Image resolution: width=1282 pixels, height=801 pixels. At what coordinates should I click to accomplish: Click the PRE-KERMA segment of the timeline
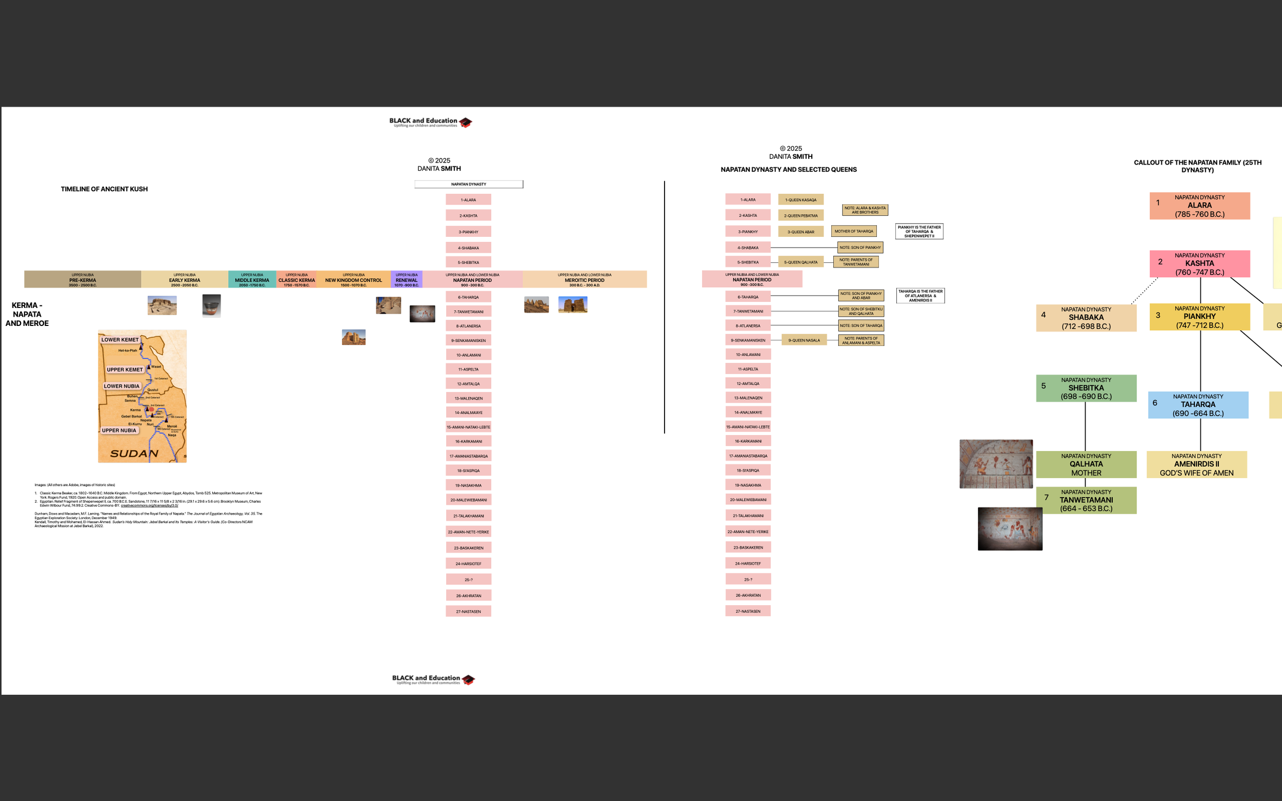[x=82, y=279]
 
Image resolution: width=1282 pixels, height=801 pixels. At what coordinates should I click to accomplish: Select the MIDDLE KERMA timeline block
[x=252, y=279]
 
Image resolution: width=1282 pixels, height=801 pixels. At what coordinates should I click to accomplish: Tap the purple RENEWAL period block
[x=407, y=279]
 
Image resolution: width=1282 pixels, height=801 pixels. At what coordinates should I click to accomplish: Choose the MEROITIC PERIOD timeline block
[x=584, y=279]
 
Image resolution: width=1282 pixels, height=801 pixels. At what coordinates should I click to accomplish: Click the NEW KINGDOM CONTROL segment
[x=353, y=279]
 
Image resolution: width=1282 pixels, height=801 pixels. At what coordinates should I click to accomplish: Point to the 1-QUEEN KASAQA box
[x=800, y=200]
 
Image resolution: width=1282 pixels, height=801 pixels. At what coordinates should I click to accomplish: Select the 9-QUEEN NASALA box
[x=804, y=340]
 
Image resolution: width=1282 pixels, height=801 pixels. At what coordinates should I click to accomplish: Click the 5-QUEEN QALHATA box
[x=800, y=262]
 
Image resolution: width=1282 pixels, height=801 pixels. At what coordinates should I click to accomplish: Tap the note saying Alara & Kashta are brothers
[x=865, y=210]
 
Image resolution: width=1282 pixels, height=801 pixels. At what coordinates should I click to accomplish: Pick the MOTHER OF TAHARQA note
[x=853, y=231]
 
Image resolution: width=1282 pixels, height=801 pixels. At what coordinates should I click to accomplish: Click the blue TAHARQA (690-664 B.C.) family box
[x=1198, y=405]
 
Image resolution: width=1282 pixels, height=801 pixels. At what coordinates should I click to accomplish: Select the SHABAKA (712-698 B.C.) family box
[x=1086, y=317]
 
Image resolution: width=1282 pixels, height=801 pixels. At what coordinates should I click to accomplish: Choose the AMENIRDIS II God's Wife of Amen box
[x=1196, y=464]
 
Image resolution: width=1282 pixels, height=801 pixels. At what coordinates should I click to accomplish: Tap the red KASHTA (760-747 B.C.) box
[x=1199, y=263]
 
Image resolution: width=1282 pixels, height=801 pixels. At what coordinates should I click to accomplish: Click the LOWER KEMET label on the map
[x=120, y=340]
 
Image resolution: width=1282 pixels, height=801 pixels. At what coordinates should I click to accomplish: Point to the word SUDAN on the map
[x=134, y=454]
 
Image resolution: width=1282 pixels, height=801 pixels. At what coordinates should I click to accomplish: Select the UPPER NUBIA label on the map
[x=119, y=430]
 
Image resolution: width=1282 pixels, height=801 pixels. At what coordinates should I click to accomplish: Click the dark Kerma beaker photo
[x=211, y=305]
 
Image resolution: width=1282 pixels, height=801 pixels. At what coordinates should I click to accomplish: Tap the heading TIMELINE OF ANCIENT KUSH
[x=104, y=189]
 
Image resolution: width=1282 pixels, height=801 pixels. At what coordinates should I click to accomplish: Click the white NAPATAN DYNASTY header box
[x=469, y=184]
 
